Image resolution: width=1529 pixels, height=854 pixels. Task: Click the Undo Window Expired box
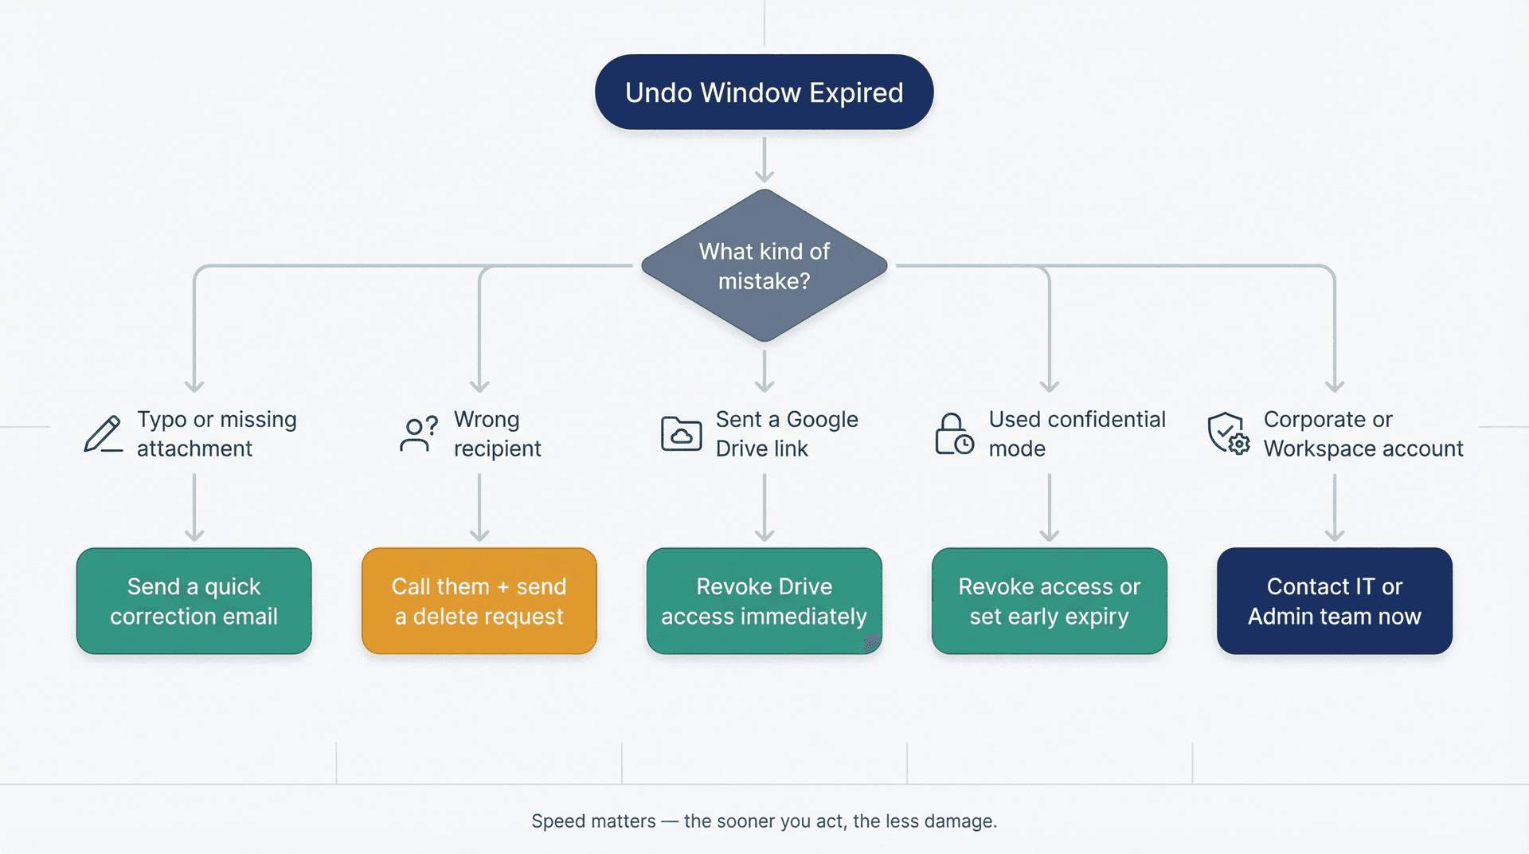pyautogui.click(x=764, y=92)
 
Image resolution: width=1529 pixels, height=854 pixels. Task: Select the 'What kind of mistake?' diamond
pyautogui.click(x=764, y=265)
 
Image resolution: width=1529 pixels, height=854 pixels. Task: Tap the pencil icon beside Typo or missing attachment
pyautogui.click(x=104, y=434)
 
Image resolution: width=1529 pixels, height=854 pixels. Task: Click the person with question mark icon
pyautogui.click(x=418, y=434)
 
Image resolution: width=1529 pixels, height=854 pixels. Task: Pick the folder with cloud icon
pyautogui.click(x=681, y=434)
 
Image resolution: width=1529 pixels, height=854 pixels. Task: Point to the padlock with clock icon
pyautogui.click(x=953, y=434)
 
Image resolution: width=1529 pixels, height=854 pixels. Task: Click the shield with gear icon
pyautogui.click(x=1228, y=434)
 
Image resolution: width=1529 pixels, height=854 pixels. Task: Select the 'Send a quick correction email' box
pyautogui.click(x=194, y=601)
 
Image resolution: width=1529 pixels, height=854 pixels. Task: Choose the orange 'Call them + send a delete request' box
pyautogui.click(x=479, y=601)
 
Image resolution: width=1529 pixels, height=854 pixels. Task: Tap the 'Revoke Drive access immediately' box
pyautogui.click(x=764, y=601)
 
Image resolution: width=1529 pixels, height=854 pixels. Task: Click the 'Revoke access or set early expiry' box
pyautogui.click(x=1049, y=601)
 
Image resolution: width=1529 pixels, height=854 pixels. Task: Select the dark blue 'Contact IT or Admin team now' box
pyautogui.click(x=1334, y=601)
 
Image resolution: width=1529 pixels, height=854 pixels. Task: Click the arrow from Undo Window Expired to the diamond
pyautogui.click(x=764, y=159)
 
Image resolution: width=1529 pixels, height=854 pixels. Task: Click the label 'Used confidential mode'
pyautogui.click(x=1076, y=434)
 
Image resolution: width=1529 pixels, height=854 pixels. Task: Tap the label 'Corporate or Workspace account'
pyautogui.click(x=1363, y=434)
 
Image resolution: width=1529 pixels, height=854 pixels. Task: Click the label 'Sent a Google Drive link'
pyautogui.click(x=786, y=434)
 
